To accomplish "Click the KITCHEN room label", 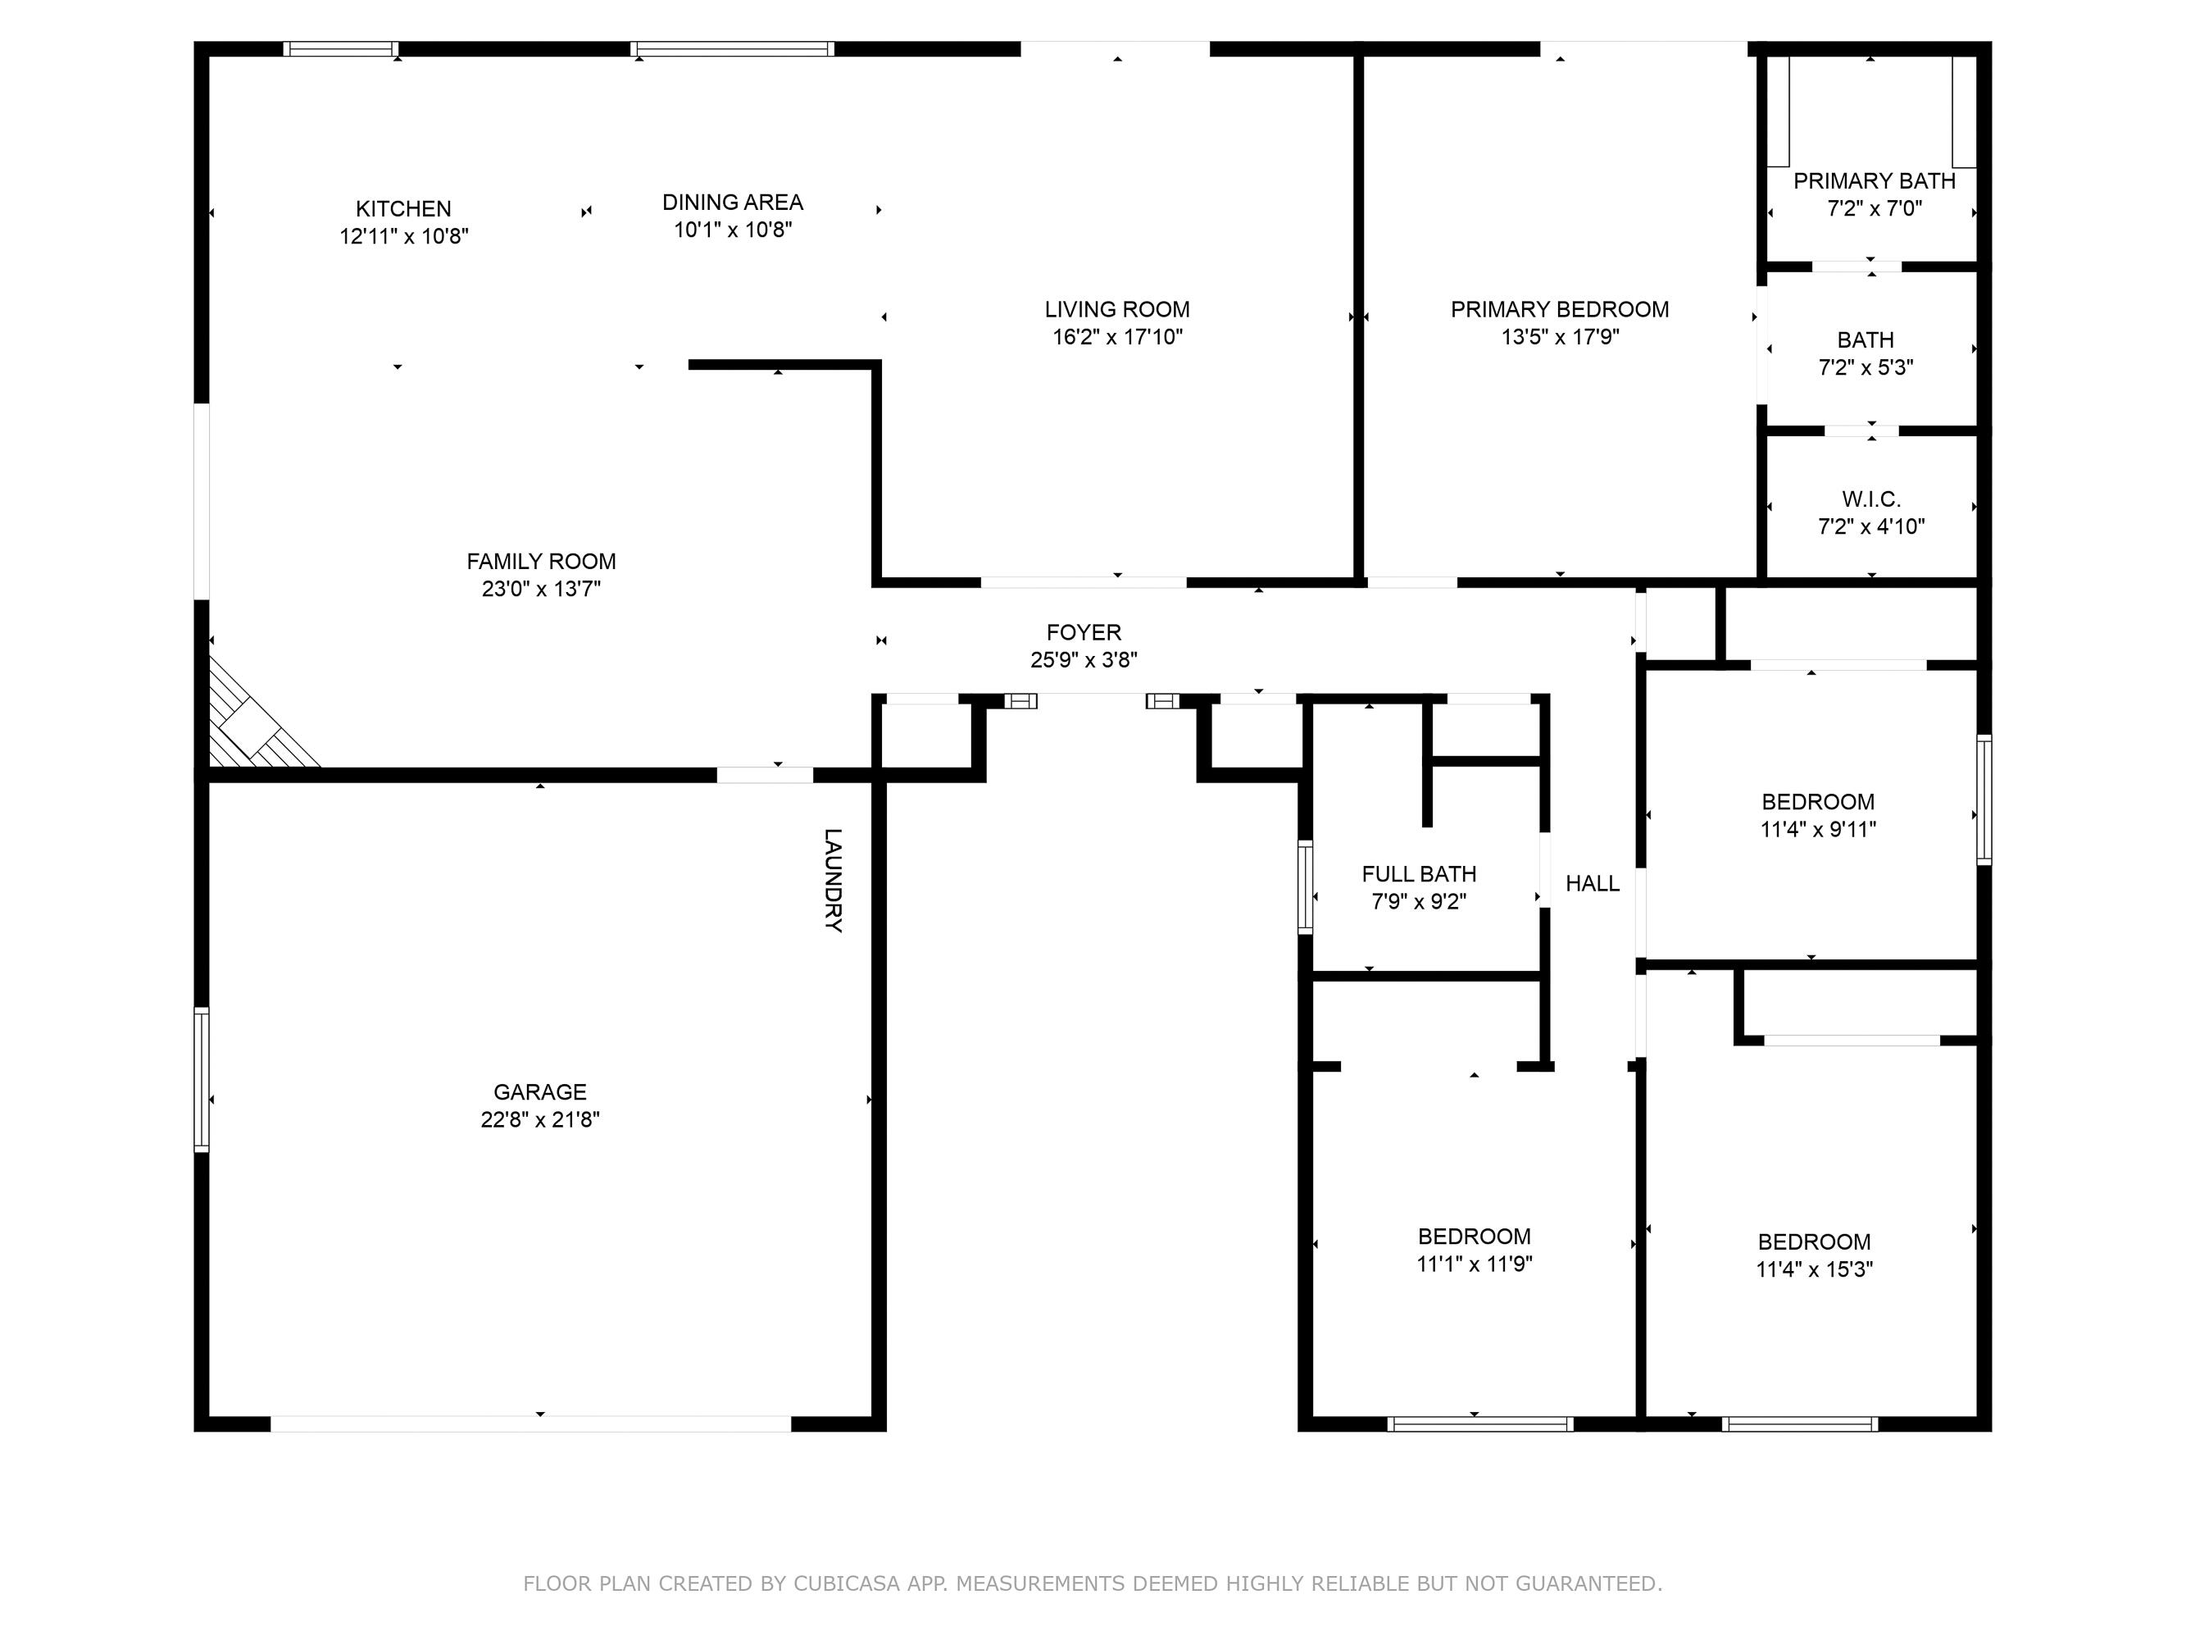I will (x=403, y=208).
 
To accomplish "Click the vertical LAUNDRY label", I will (x=833, y=880).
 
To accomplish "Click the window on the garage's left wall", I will (x=202, y=1079).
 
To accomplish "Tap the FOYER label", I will (x=1084, y=631).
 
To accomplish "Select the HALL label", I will (x=1592, y=884).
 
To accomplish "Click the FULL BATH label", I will (x=1418, y=874).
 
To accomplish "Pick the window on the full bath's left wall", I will (x=1305, y=886).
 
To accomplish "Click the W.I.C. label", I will (x=1870, y=499).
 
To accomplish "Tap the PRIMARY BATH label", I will (x=1874, y=181).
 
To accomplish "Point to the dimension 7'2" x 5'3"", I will (x=1866, y=367).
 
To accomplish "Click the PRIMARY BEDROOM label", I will (x=1560, y=309).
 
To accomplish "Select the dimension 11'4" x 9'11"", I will (x=1817, y=829).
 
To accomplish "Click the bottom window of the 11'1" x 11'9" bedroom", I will (x=1479, y=1424).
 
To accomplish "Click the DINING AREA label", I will (x=732, y=202).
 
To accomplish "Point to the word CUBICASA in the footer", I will (x=846, y=1583).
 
